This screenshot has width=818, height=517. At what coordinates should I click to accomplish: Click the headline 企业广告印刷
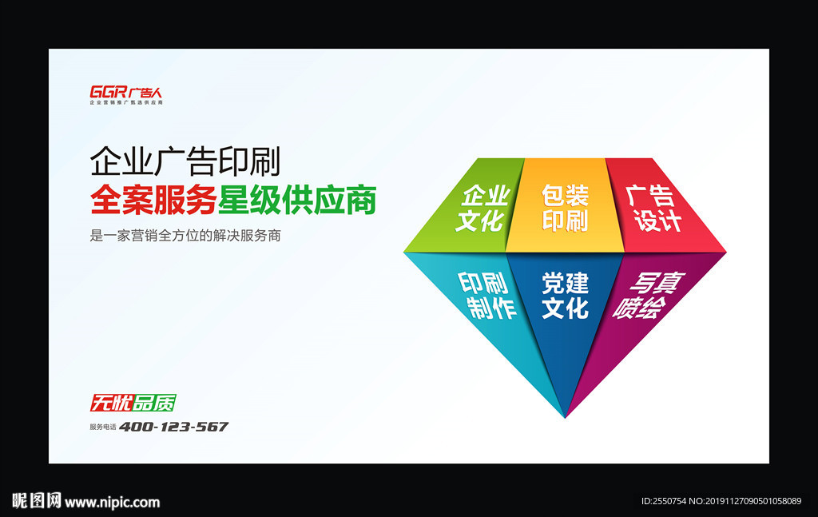pyautogui.click(x=185, y=162)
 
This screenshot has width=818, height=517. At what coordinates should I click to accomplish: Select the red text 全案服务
pyautogui.click(x=153, y=200)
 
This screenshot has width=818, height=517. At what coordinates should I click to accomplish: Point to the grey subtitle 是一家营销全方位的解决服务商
pyautogui.click(x=185, y=237)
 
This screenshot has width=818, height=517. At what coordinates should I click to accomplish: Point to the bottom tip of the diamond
pyautogui.click(x=565, y=415)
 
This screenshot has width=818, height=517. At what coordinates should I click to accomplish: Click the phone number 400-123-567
pyautogui.click(x=173, y=427)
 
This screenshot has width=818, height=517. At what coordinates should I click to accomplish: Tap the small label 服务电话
pyautogui.click(x=103, y=428)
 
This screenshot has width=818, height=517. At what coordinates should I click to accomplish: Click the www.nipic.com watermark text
pyautogui.click(x=112, y=503)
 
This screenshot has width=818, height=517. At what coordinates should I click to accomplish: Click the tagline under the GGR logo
pyautogui.click(x=125, y=103)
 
